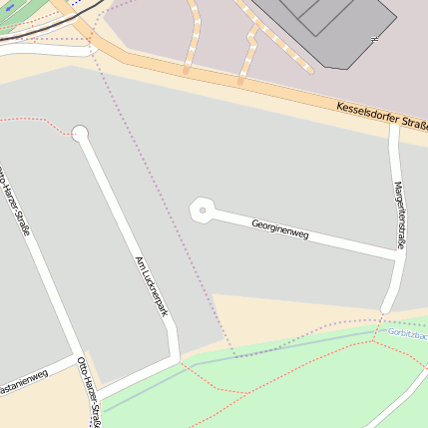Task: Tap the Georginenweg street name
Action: (x=279, y=228)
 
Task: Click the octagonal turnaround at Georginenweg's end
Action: (x=203, y=211)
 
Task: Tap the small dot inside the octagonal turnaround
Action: (x=203, y=211)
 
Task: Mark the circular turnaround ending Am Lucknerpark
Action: (x=80, y=133)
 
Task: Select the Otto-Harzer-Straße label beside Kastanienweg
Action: (x=90, y=394)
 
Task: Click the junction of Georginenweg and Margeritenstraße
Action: (x=396, y=255)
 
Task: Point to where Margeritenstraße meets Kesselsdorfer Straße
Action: (x=393, y=123)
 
